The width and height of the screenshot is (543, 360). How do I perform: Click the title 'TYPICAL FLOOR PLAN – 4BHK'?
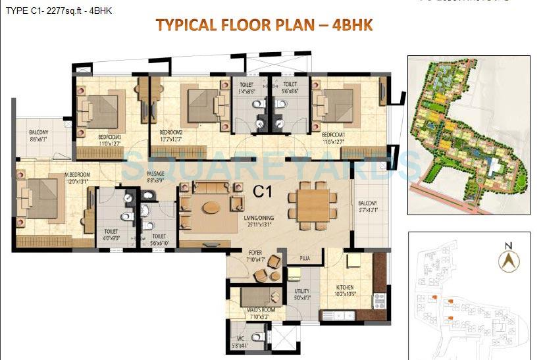point(263,26)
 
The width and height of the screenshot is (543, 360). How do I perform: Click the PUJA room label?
point(304,258)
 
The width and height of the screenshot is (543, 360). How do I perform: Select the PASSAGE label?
point(155,174)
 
